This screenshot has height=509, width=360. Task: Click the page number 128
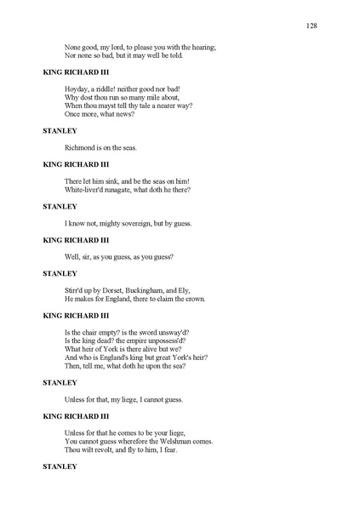[311, 26]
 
